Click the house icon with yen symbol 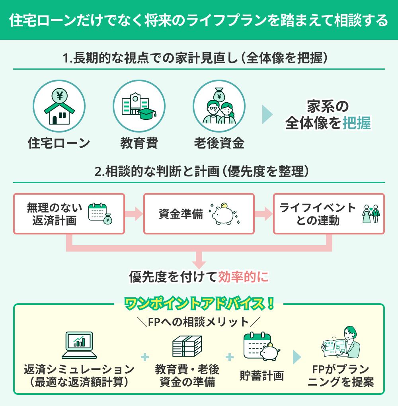tap(59, 107)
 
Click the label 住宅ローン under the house tap(59, 143)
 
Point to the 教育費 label tap(139, 143)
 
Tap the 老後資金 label tap(219, 143)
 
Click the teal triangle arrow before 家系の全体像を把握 tap(267, 115)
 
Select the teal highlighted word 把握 tap(356, 124)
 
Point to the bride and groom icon tap(371, 214)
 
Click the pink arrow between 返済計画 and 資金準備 tap(134, 214)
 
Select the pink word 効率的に tap(243, 277)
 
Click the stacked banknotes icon tap(187, 345)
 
